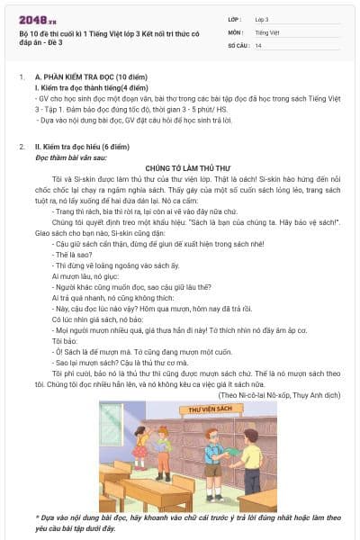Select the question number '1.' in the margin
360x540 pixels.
coord(21,78)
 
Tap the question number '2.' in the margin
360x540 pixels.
coord(21,147)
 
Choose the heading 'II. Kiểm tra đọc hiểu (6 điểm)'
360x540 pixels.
coord(87,147)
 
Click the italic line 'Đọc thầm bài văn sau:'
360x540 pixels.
coord(71,157)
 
